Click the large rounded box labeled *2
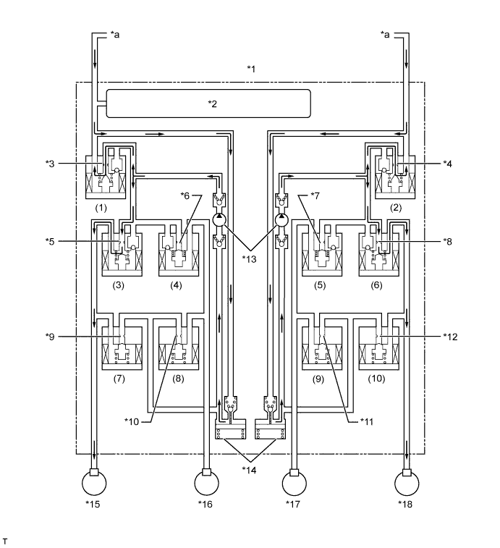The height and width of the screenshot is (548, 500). click(208, 104)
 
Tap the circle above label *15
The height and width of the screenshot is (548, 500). click(94, 483)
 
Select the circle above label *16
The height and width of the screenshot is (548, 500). click(206, 483)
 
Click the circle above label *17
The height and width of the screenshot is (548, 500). click(295, 483)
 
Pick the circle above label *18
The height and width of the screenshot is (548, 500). click(407, 483)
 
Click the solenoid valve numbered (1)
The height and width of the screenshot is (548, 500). click(106, 172)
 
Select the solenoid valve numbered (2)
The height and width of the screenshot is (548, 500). click(395, 172)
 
